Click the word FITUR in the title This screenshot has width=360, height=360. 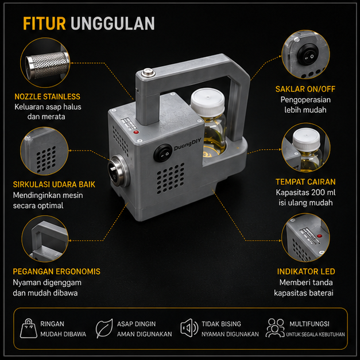tap(44, 24)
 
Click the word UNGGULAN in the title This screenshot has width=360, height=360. tap(113, 24)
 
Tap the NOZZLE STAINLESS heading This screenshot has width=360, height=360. tap(47, 96)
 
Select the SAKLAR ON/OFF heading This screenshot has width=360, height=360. tap(305, 89)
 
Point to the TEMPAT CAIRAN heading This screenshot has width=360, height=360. tap(305, 182)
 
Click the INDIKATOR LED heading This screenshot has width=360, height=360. tap(306, 272)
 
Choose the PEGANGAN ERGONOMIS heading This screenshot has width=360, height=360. tap(56, 272)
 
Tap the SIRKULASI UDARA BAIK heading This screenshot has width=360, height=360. tap(54, 184)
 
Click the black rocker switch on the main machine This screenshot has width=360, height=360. tap(163, 153)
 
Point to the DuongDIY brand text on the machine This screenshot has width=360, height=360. tap(187, 145)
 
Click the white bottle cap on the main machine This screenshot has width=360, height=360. tap(207, 100)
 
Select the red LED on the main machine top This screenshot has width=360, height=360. tap(136, 132)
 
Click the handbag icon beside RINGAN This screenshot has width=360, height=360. tap(29, 328)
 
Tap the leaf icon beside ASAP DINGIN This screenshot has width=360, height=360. tap(104, 328)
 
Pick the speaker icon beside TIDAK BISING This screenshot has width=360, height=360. tap(189, 328)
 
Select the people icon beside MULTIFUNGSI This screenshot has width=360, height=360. tap(275, 328)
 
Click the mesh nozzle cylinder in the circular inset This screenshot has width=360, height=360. tap(47, 65)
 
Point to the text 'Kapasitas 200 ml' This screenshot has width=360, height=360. tap(305, 192)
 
